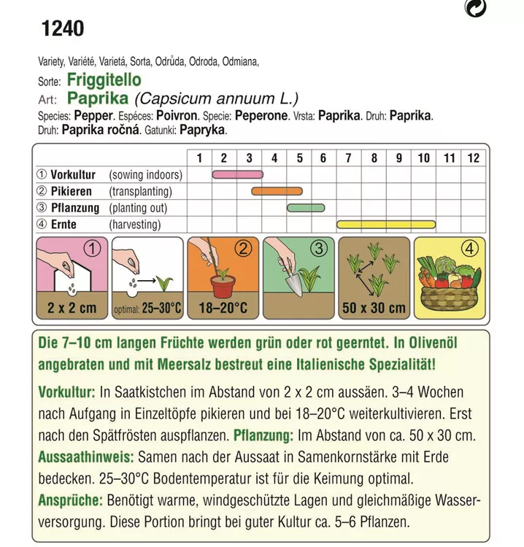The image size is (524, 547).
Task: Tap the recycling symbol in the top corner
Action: (476, 8)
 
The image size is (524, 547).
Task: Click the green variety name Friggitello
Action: (104, 80)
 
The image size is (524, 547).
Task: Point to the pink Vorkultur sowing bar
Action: (237, 175)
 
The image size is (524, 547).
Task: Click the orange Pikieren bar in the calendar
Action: (277, 192)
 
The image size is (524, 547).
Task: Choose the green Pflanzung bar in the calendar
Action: (306, 208)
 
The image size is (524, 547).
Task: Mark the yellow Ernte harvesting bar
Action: (385, 225)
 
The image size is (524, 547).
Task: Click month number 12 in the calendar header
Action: (474, 158)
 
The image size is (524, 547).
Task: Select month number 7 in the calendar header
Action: (348, 158)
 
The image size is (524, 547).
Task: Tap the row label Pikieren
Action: (72, 192)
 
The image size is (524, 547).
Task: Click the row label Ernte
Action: (64, 225)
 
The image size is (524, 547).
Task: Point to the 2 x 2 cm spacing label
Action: (72, 309)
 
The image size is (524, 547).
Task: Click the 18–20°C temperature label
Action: (223, 309)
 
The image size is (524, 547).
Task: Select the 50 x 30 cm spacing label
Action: (374, 309)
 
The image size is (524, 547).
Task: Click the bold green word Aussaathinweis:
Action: (86, 457)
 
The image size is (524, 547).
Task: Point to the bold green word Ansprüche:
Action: (70, 501)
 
